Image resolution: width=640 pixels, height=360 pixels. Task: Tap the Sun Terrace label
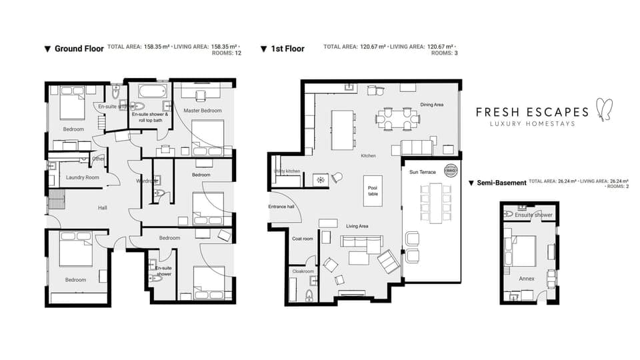click(x=421, y=171)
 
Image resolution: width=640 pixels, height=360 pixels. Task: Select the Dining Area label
click(x=432, y=105)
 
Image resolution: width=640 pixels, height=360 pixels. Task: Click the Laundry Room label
click(x=82, y=177)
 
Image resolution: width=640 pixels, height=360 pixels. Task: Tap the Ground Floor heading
click(x=79, y=49)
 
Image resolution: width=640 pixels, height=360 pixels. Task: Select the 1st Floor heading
click(x=287, y=49)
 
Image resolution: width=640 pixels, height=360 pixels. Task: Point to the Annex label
click(x=526, y=278)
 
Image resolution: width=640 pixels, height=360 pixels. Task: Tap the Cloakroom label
click(x=303, y=271)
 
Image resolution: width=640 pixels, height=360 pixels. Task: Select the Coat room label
click(x=303, y=239)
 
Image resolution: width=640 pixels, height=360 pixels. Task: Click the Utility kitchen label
click(x=287, y=171)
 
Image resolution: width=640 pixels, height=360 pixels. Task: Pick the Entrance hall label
click(x=281, y=207)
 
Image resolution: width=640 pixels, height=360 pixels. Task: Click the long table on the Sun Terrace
click(x=436, y=203)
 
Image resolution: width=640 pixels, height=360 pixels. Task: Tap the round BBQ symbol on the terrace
click(x=450, y=169)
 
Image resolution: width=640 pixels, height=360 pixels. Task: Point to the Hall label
click(x=102, y=208)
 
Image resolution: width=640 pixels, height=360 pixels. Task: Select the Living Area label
click(x=357, y=227)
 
